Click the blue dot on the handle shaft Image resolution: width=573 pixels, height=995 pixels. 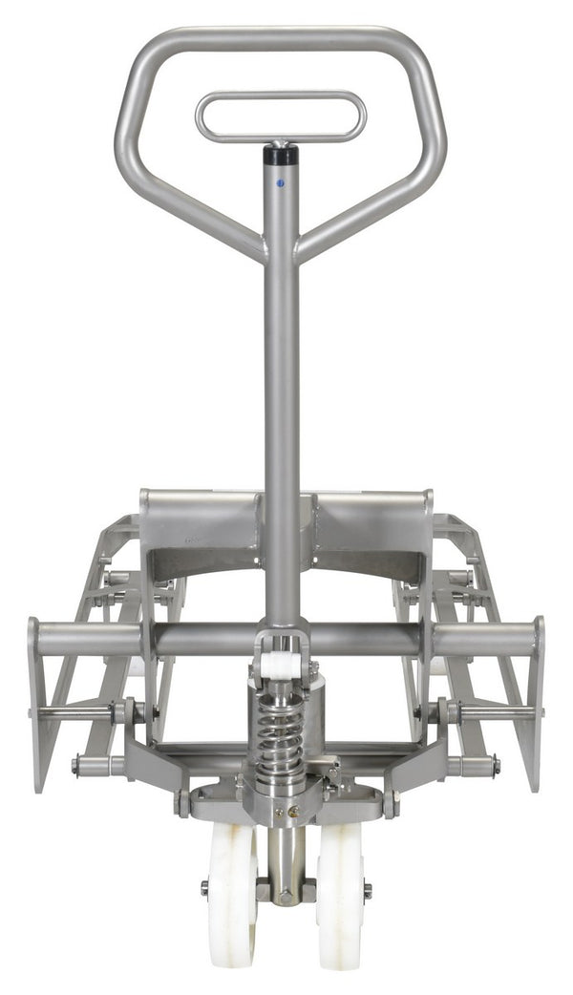click(x=280, y=181)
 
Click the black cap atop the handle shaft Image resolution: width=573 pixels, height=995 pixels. click(x=281, y=153)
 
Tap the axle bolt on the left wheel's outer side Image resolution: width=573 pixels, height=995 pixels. click(x=204, y=889)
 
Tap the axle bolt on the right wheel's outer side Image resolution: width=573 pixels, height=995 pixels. click(x=368, y=890)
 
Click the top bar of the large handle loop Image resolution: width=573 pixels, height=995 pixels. click(x=281, y=37)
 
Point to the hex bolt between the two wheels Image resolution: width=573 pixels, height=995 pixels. click(x=285, y=897)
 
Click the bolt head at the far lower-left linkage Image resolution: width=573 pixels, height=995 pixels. click(x=75, y=764)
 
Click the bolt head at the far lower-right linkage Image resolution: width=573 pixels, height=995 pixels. click(x=495, y=764)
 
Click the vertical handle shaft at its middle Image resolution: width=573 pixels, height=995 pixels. click(x=281, y=401)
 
